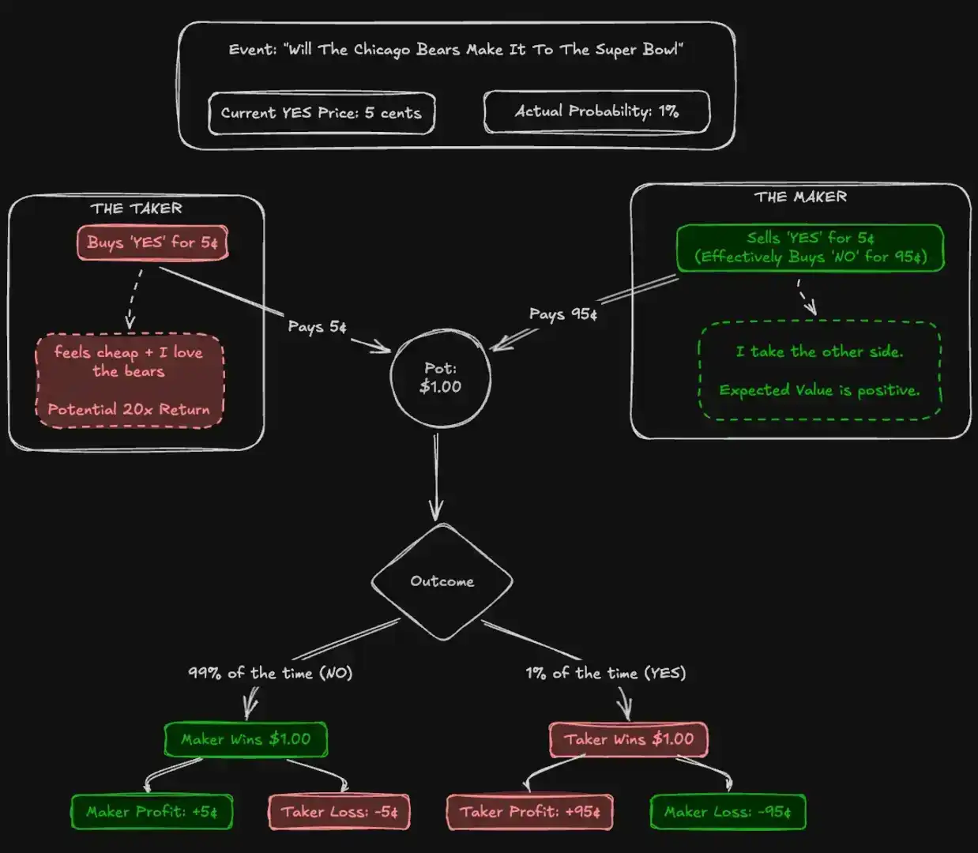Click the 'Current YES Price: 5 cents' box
pos(322,113)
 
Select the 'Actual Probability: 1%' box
pos(596,111)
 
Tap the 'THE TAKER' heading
pos(136,209)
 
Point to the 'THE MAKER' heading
pos(800,197)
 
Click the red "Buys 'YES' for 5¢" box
pos(152,242)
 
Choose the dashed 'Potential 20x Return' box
pos(130,381)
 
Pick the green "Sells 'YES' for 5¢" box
pos(811,247)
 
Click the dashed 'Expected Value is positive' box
pos(820,370)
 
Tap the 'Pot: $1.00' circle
pos(440,378)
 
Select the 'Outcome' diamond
pos(442,581)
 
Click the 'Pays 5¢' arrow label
pos(317,326)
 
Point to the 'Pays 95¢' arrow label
pos(563,314)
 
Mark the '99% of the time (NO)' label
pos(270,673)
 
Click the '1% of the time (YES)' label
pos(606,673)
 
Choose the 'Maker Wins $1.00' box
pos(246,739)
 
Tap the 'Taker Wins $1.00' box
pos(629,739)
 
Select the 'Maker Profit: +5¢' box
pos(152,812)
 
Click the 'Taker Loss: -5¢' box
pos(340,812)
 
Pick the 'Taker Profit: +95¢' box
pos(530,812)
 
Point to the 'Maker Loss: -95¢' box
pos(728,812)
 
